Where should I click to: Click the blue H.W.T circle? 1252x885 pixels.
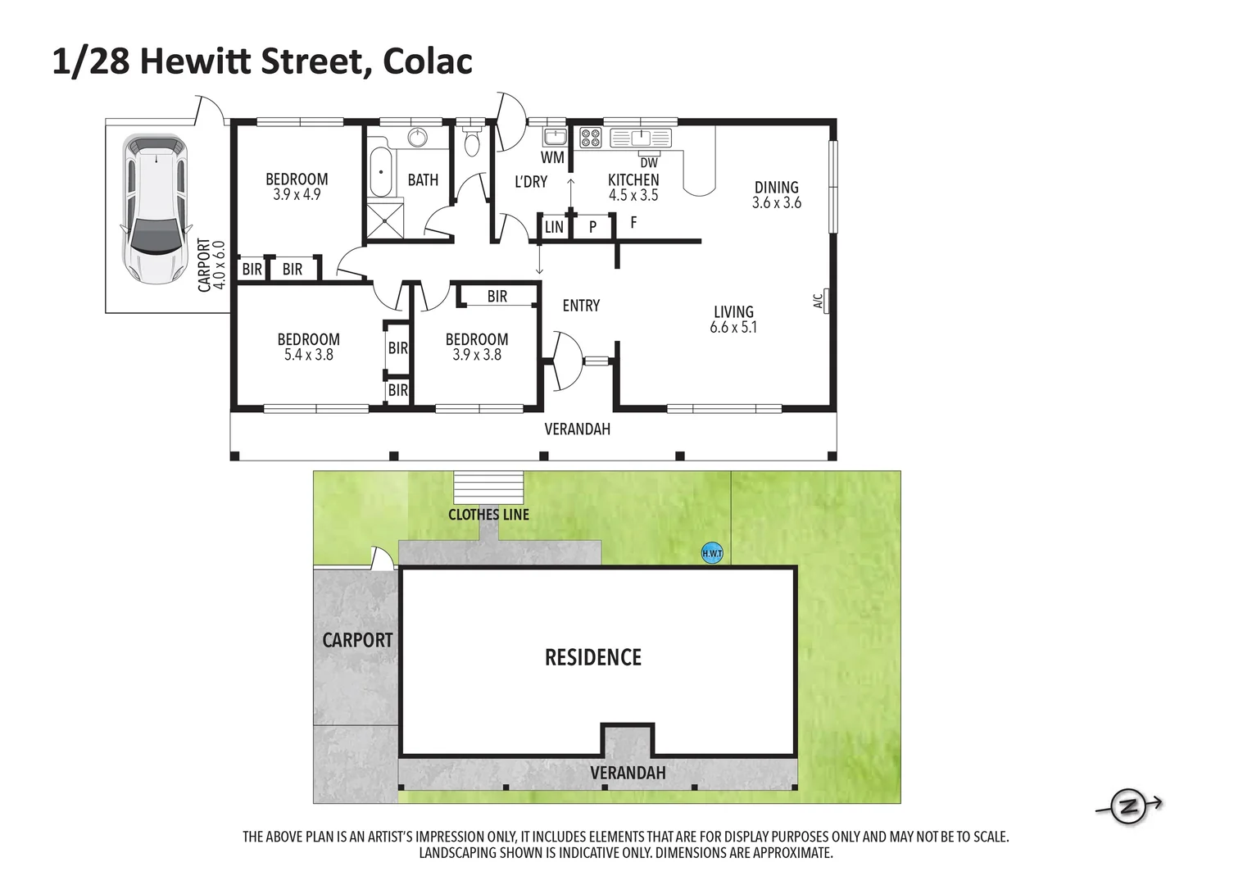coord(712,553)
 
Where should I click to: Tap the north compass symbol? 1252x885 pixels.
coord(1131,807)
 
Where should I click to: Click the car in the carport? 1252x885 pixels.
coord(154,210)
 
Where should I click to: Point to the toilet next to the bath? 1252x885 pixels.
coord(472,144)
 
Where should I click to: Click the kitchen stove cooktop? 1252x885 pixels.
coord(590,138)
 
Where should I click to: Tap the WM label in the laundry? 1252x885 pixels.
coord(552,157)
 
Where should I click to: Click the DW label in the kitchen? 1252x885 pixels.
coord(649,162)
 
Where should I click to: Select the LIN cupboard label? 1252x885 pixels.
coord(554,227)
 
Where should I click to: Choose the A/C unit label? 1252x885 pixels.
coord(817,302)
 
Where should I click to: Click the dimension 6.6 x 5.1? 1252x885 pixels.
coord(733,327)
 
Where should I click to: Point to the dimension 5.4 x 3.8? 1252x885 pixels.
coord(308,355)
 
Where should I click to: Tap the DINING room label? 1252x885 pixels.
coord(776,188)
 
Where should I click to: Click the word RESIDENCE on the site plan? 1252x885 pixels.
coord(593,657)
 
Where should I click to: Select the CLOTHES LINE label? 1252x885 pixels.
coord(488,515)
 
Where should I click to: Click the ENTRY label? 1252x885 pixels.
coord(581,306)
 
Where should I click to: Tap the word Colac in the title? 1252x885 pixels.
coord(428,61)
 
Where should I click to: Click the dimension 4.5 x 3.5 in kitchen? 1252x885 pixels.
coord(633,195)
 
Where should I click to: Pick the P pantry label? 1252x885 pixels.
coord(592,228)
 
